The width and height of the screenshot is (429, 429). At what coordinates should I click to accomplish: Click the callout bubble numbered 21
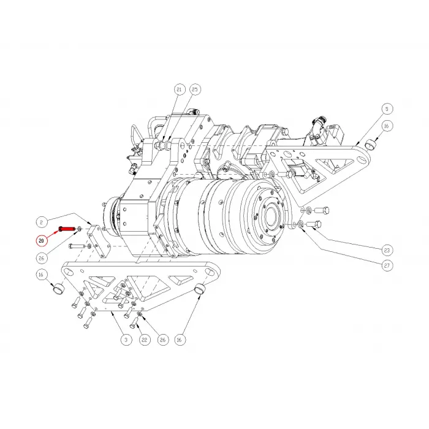coord(179,89)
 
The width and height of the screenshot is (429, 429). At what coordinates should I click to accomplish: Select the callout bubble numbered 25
coord(195,89)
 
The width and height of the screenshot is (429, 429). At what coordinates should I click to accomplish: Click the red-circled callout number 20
coord(42,240)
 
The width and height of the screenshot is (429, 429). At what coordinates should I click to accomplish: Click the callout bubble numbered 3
coord(124,338)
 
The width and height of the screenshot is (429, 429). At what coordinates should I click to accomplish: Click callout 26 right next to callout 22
coord(162,338)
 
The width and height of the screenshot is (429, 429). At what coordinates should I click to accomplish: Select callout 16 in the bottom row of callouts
coord(180,338)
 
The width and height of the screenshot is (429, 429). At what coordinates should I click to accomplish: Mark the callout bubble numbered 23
coord(386,250)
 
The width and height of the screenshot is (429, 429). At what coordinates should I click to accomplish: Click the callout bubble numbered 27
coord(386,266)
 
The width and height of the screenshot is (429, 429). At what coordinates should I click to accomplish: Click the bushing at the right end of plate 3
coord(199,289)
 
